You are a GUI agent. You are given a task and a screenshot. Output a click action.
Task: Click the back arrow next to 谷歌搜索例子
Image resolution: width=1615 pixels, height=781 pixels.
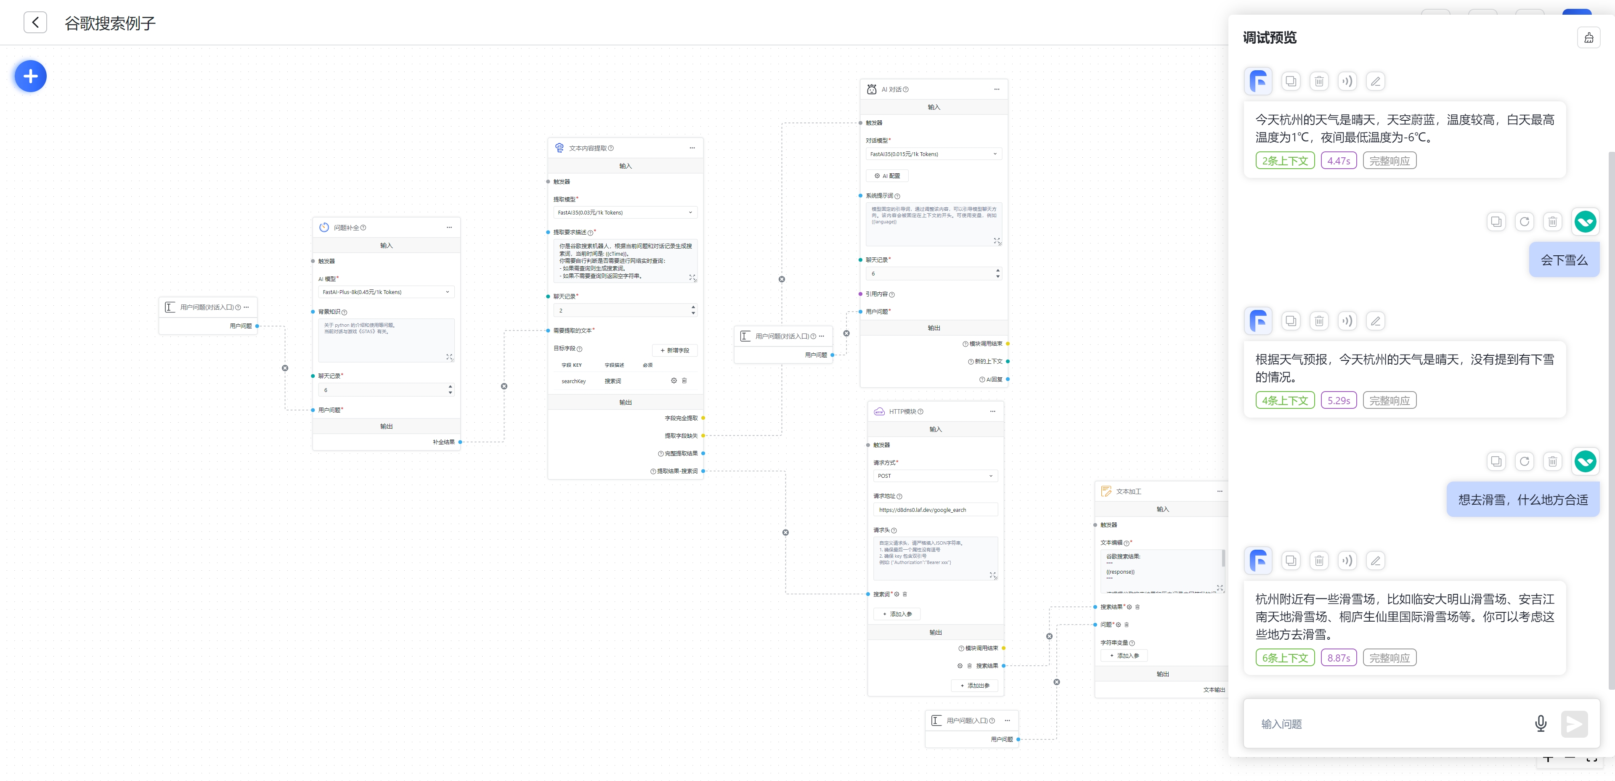coord(35,23)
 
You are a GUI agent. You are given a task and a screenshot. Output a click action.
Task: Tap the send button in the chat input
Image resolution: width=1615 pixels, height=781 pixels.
coord(1574,724)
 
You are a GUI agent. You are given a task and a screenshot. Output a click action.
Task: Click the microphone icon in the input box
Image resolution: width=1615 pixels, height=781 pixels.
coord(1541,724)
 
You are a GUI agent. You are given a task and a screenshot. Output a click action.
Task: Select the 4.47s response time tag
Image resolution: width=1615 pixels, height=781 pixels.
coord(1339,161)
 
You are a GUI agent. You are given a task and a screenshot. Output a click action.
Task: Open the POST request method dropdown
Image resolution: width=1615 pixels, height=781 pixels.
coord(935,476)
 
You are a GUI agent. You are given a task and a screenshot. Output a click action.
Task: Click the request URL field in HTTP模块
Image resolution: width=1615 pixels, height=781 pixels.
coord(935,510)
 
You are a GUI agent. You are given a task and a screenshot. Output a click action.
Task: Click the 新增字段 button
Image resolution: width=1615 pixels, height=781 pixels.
coord(675,350)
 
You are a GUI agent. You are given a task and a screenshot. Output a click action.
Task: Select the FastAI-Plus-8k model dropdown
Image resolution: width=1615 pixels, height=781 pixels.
coord(386,292)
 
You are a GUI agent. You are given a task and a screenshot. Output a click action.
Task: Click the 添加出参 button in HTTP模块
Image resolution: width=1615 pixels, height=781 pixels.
coord(975,686)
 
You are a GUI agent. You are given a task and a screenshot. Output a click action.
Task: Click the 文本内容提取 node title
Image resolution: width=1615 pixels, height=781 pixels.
coord(587,148)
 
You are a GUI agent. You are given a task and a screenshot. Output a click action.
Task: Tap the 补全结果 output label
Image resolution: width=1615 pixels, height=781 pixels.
coord(443,442)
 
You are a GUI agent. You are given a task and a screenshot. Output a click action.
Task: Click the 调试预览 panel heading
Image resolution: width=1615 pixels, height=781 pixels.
coord(1270,37)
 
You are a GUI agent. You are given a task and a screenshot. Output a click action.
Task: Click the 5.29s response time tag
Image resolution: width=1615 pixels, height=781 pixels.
coord(1339,400)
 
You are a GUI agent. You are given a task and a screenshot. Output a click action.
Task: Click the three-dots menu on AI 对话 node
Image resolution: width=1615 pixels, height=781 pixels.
coord(996,89)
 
